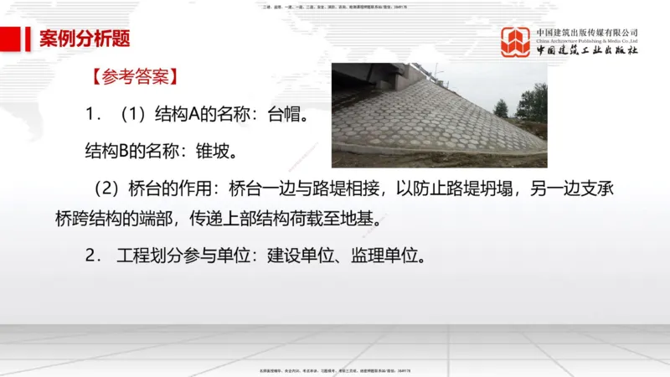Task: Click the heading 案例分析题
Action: (85, 39)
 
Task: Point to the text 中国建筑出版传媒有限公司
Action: (586, 32)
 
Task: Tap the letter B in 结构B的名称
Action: (121, 152)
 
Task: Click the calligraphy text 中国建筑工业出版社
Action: (586, 50)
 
